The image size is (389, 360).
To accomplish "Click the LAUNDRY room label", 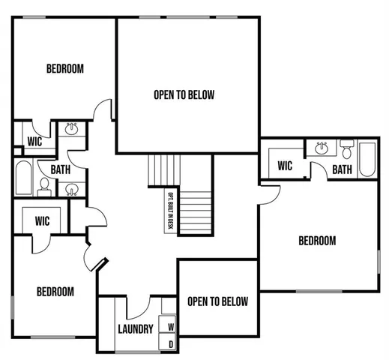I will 136,328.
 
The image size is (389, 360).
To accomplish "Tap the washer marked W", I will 171,327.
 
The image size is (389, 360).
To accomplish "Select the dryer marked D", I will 171,344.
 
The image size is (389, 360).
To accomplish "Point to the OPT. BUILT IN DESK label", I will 171,211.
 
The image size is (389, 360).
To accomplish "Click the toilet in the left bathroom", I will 44,185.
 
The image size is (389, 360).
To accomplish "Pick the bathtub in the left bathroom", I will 22,178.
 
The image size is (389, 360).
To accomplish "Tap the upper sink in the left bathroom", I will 72,130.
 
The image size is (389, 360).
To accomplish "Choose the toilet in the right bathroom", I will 346,147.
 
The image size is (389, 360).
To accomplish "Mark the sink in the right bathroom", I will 322,147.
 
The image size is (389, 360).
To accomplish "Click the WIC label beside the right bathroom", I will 285,166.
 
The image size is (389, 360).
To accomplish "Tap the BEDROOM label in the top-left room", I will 65,69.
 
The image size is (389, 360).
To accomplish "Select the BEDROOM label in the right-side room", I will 317,241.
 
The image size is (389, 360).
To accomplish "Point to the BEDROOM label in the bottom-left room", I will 55,292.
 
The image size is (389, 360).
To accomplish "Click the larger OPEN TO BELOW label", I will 184,94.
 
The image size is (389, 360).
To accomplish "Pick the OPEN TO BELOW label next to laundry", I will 217,301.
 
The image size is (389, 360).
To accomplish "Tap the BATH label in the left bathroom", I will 61,169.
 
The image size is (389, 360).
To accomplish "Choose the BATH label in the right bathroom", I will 342,170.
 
